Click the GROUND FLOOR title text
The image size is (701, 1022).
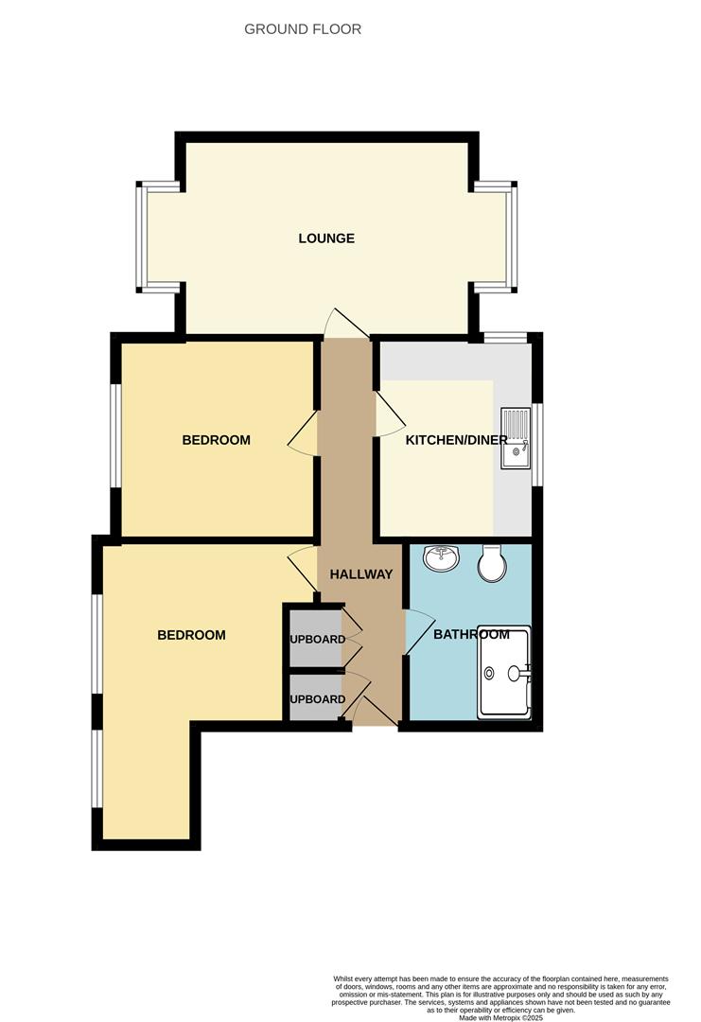coord(303,29)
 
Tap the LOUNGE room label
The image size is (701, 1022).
coord(326,238)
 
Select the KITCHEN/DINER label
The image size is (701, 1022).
coord(456,440)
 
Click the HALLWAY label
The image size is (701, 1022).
coord(360,573)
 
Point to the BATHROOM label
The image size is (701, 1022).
coord(471,634)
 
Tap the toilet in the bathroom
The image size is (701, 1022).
coord(491,564)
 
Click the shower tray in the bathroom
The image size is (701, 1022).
coord(504,672)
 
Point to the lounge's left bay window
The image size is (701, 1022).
coord(142,237)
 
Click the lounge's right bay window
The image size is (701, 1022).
coord(512,237)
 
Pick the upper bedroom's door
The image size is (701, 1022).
coord(304,436)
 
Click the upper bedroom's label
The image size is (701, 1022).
coord(216,440)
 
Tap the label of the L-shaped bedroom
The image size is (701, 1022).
coord(191,635)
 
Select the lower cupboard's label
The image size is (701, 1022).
coord(317,699)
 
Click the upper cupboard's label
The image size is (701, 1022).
coord(317,639)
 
